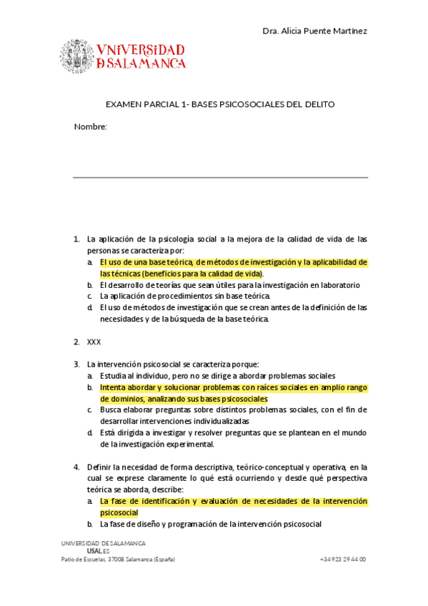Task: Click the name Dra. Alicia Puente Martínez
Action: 315,31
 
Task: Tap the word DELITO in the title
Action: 319,104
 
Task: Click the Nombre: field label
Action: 90,126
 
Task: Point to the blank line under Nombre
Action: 220,177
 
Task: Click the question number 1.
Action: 76,239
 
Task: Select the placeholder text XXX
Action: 94,342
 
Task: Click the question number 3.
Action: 76,364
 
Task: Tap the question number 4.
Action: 76,467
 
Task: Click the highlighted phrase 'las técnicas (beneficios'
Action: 144,273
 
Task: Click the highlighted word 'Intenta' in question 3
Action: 114,387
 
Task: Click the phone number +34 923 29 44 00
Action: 343,559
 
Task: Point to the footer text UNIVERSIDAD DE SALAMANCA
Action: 103,543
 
